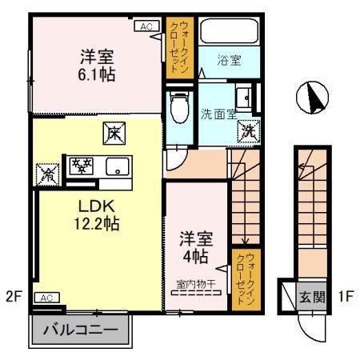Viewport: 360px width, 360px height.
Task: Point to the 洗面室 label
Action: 218,113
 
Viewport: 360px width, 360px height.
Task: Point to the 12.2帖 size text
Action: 94,225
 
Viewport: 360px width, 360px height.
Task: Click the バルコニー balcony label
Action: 80,329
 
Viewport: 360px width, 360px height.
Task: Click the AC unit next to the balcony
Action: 46,298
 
